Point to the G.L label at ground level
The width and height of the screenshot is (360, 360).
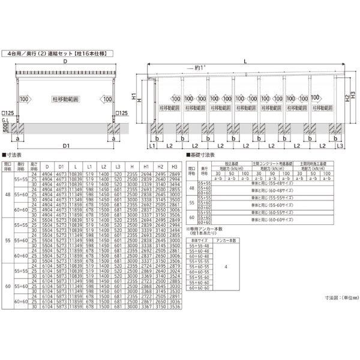point(5,121)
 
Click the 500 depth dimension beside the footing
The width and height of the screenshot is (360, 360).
point(5,129)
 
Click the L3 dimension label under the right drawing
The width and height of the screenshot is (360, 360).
point(340,146)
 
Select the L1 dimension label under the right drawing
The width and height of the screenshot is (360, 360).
point(152,146)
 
